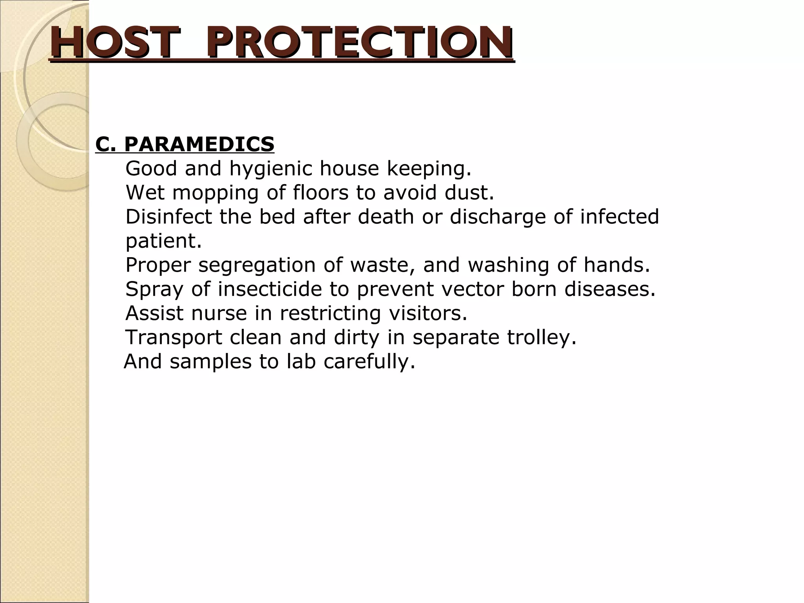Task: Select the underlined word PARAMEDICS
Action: (x=199, y=144)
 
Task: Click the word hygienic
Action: (x=271, y=169)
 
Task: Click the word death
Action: (x=386, y=217)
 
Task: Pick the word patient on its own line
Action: (x=163, y=241)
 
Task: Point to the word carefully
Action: (x=369, y=362)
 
